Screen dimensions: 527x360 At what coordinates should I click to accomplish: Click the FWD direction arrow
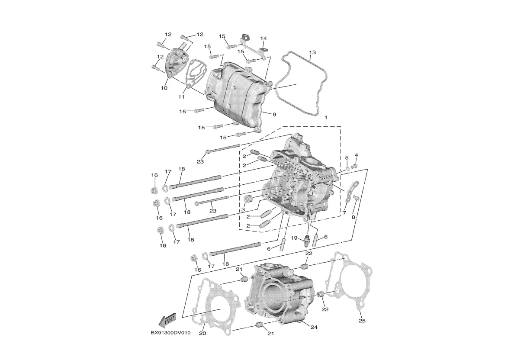coord(168,320)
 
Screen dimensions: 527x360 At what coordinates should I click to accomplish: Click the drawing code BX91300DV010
coord(170,333)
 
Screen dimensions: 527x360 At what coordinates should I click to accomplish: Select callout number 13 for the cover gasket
coord(312,52)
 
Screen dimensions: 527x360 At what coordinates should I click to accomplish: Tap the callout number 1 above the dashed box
coord(326,118)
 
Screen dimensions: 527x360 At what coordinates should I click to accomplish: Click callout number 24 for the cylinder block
coord(314,327)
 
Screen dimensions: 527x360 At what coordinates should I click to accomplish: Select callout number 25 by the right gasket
coord(362,321)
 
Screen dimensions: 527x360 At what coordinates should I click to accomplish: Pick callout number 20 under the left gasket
coord(202,333)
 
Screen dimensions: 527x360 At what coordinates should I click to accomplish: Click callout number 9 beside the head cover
coord(274,114)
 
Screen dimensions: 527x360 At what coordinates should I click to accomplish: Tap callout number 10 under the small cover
coord(164,88)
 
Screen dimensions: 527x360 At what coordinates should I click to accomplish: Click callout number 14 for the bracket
coord(263,38)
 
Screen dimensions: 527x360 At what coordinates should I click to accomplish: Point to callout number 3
coord(243,209)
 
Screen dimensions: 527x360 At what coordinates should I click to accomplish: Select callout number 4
coord(357,155)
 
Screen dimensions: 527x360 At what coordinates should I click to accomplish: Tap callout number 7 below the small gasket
coord(344,213)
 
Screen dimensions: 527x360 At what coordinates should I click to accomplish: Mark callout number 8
coord(353,217)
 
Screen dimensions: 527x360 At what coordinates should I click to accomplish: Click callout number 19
coord(293,238)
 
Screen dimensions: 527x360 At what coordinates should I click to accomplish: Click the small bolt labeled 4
coord(355,164)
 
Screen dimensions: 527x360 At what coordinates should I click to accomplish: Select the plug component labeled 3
coord(249,199)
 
